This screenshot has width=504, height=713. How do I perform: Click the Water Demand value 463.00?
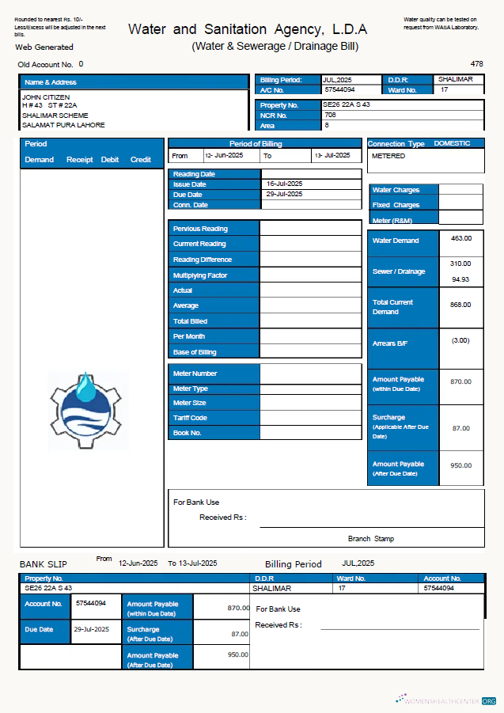[x=460, y=238]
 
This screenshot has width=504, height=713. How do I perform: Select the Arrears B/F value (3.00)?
[x=460, y=340]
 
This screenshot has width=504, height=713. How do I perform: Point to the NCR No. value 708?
[x=330, y=115]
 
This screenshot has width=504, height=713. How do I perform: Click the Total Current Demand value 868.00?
[x=460, y=305]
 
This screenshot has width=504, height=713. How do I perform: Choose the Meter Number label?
[x=195, y=374]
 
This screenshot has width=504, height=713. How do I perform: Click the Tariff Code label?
[x=190, y=418]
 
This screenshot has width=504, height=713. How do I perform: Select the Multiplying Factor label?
[x=200, y=275]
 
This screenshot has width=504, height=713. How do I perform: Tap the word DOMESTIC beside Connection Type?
[x=452, y=144]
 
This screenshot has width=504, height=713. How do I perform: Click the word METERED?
[x=388, y=156]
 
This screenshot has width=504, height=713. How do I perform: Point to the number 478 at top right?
[x=476, y=63]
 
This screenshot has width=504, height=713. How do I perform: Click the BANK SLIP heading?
[x=43, y=564]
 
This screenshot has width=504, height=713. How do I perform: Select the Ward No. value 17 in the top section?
[x=444, y=89]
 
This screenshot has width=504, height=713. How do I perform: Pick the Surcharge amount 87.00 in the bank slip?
[x=239, y=634]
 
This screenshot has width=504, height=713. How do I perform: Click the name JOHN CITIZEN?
[x=46, y=97]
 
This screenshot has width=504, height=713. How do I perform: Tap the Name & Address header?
[x=51, y=82]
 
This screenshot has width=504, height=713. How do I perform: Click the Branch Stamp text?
[x=370, y=539]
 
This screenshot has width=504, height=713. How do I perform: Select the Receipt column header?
[x=79, y=160]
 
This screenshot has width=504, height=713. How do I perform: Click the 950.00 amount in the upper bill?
[x=460, y=466]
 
